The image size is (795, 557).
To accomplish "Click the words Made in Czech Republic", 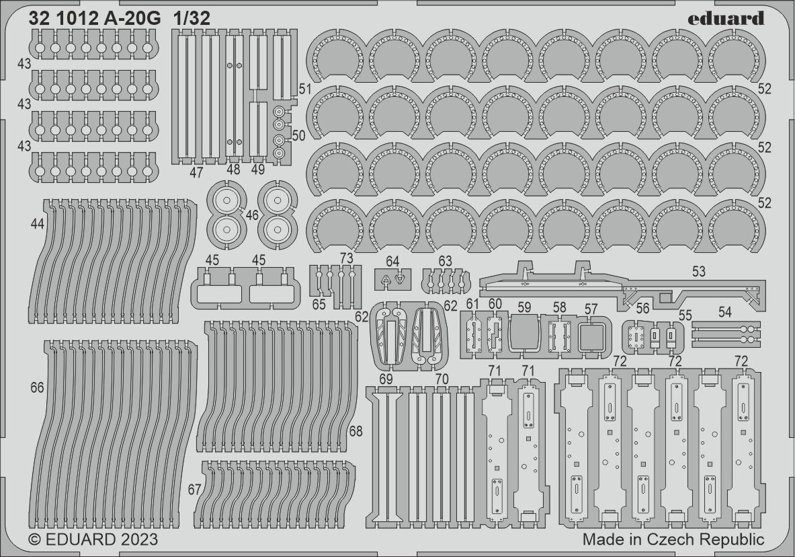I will pyautogui.click(x=673, y=540).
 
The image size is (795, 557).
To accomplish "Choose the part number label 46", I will pyautogui.click(x=252, y=215).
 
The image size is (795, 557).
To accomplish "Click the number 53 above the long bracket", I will pyautogui.click(x=699, y=271).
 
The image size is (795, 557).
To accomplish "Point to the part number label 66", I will pyautogui.click(x=37, y=388).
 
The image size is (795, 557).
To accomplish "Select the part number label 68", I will pyautogui.click(x=355, y=431).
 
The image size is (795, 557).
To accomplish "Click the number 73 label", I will pyautogui.click(x=347, y=259).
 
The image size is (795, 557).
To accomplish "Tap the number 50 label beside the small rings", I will pyautogui.click(x=298, y=136).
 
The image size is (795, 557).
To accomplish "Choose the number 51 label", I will pyautogui.click(x=304, y=89).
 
